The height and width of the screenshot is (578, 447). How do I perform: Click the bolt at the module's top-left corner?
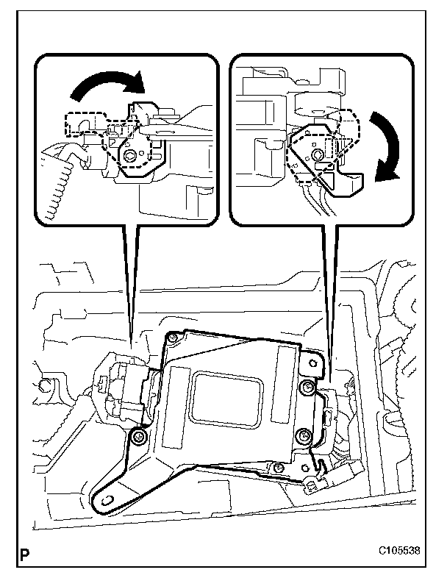click(x=171, y=338)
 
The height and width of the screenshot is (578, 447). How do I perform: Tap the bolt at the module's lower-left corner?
click(x=137, y=439)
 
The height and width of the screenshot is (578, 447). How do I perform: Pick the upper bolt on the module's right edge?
click(x=308, y=387)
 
